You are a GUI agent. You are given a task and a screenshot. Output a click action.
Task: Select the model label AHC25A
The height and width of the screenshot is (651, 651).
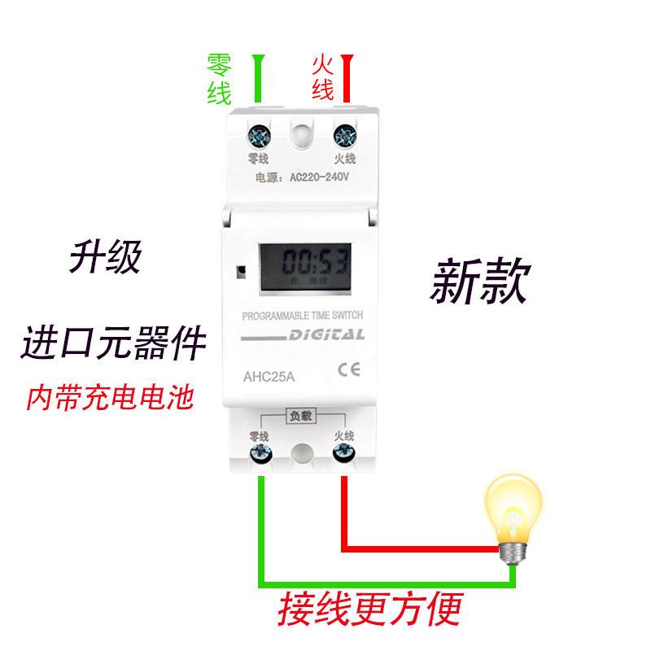(269, 377)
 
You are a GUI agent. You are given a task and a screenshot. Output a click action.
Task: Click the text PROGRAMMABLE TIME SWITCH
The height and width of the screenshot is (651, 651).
(302, 315)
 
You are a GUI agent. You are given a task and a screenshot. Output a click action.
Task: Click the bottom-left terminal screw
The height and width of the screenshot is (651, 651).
(260, 452)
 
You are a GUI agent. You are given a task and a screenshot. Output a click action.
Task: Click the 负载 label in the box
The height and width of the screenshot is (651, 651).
(301, 417)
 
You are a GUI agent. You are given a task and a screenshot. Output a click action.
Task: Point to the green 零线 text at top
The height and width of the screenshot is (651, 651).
(219, 80)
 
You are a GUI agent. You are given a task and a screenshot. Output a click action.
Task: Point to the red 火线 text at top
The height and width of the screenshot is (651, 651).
(322, 78)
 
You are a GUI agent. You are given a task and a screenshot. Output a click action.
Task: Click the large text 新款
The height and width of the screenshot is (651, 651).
(479, 282)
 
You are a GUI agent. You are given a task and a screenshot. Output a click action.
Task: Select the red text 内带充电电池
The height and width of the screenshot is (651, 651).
(110, 399)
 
